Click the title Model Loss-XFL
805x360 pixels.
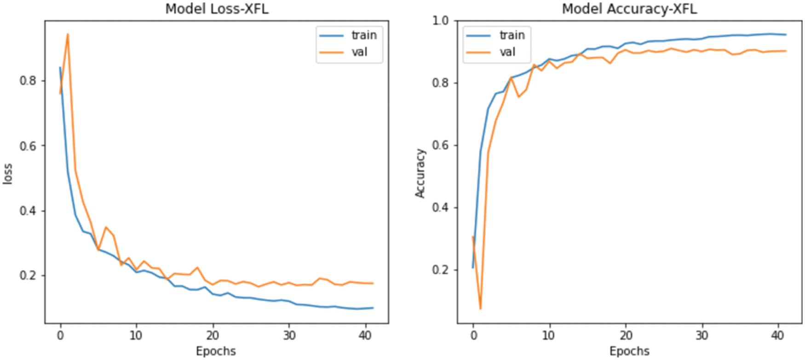pyautogui.click(x=217, y=9)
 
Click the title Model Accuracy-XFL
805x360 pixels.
pyautogui.click(x=629, y=9)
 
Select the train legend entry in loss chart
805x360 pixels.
pyautogui.click(x=364, y=35)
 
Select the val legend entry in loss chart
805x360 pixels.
pyautogui.click(x=359, y=52)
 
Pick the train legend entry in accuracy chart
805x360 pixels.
pyautogui.click(x=512, y=35)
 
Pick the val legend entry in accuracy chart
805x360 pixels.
pyautogui.click(x=507, y=52)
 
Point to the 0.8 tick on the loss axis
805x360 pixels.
pyautogui.click(x=27, y=81)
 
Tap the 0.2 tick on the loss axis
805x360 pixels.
pyautogui.click(x=27, y=276)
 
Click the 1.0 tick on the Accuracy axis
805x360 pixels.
pyautogui.click(x=440, y=21)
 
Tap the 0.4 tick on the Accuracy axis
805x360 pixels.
pyautogui.click(x=440, y=208)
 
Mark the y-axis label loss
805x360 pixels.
pyautogui.click(x=7, y=174)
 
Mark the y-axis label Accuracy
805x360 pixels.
pyautogui.click(x=420, y=173)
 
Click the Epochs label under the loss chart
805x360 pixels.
pyautogui.click(x=216, y=351)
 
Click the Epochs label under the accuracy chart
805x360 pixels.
pyautogui.click(x=629, y=351)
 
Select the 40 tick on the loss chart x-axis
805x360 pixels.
pyautogui.click(x=365, y=336)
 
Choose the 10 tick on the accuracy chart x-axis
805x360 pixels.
pyautogui.click(x=549, y=336)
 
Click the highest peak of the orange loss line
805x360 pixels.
pyautogui.click(x=68, y=34)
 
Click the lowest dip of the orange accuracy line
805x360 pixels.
pyautogui.click(x=480, y=309)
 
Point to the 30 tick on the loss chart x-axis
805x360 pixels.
pyautogui.click(x=289, y=336)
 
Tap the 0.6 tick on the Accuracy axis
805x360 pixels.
pyautogui.click(x=440, y=145)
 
